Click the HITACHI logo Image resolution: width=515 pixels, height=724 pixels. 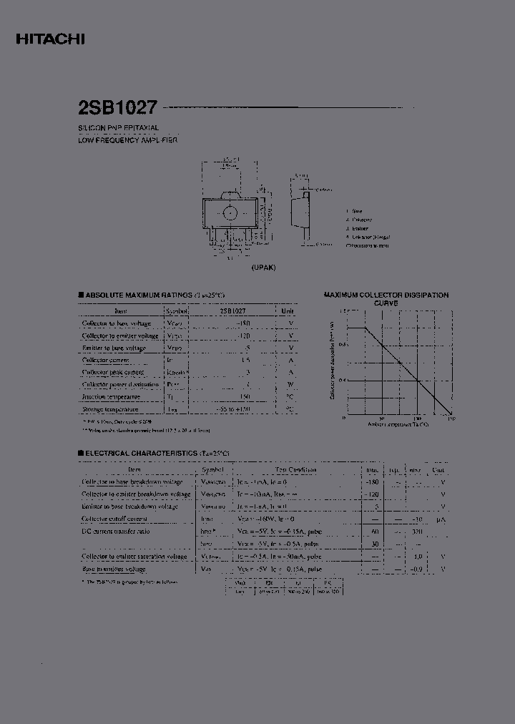click(50, 40)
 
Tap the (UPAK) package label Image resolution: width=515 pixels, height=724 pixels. click(263, 267)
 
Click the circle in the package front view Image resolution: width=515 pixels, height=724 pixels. click(230, 212)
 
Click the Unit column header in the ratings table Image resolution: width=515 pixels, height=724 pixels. click(288, 311)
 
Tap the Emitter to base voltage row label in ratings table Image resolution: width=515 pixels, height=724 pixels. click(114, 348)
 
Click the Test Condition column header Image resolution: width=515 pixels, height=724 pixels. click(296, 470)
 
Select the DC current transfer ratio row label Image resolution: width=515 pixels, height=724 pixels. click(115, 532)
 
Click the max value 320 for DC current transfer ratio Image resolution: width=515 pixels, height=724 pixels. click(416, 532)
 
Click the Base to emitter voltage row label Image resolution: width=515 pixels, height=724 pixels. click(114, 569)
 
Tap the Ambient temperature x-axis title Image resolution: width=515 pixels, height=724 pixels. click(398, 424)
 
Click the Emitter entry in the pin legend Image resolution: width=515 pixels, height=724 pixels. click(360, 228)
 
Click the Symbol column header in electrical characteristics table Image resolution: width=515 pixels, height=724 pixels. click(212, 470)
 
